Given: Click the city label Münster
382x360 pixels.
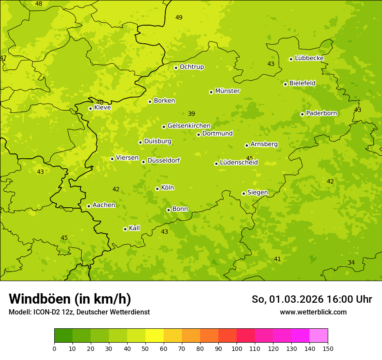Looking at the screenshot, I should (x=227, y=91).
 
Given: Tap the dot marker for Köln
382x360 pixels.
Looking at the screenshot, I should (x=157, y=189).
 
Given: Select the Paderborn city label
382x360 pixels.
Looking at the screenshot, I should (x=321, y=113).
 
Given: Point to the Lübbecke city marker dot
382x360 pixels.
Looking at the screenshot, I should (x=291, y=59).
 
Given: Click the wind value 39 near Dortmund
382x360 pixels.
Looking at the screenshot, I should (x=191, y=114).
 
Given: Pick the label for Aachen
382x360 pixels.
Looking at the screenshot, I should (x=104, y=205).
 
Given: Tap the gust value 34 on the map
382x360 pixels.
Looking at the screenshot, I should (x=351, y=262).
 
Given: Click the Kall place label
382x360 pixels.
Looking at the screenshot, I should (x=134, y=228).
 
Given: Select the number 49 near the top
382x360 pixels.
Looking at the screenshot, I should (x=179, y=17).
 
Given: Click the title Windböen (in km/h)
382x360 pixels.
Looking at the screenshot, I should (x=70, y=299).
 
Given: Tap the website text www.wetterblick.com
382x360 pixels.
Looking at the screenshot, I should (x=313, y=312).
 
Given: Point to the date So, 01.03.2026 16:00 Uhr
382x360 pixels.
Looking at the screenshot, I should (x=312, y=299).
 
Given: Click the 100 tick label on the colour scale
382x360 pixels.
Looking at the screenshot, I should (x=237, y=349).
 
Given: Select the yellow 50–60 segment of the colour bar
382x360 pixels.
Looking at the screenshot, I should (x=155, y=336).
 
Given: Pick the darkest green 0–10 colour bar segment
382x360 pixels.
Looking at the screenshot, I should (x=63, y=336).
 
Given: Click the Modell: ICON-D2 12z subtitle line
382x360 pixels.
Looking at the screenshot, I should (x=79, y=312).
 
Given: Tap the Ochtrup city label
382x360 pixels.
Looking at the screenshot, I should (x=191, y=67).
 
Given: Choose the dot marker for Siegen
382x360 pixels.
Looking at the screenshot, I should (x=244, y=193).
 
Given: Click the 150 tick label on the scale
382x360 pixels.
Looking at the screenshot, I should (x=328, y=349).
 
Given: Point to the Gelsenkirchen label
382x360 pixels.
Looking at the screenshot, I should (x=189, y=126).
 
